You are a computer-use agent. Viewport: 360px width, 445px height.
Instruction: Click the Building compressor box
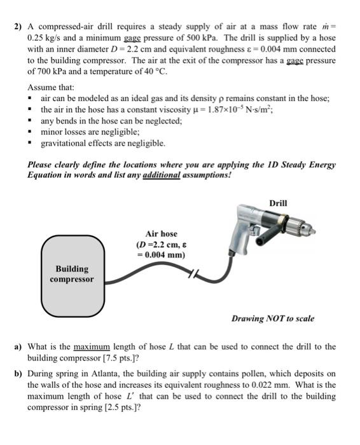point(73,276)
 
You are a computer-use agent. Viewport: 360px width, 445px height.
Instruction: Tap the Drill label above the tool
point(278,203)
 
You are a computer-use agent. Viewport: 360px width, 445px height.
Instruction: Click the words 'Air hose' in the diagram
point(161,234)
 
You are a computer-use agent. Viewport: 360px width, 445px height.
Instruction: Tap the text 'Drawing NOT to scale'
point(273,318)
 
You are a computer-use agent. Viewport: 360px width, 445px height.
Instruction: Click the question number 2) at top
point(18,27)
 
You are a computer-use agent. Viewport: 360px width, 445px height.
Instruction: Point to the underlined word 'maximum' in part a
point(92,347)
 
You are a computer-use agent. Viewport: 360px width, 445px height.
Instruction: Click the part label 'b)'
point(18,374)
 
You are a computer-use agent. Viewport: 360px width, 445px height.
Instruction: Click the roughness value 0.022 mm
point(271,385)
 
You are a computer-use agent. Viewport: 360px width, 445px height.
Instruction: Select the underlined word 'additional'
point(162,175)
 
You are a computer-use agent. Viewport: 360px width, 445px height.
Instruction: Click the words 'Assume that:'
point(51,87)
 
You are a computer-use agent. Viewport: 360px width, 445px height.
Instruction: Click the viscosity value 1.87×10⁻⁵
point(220,109)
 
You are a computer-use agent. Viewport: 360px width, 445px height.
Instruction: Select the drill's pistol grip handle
point(239,238)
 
